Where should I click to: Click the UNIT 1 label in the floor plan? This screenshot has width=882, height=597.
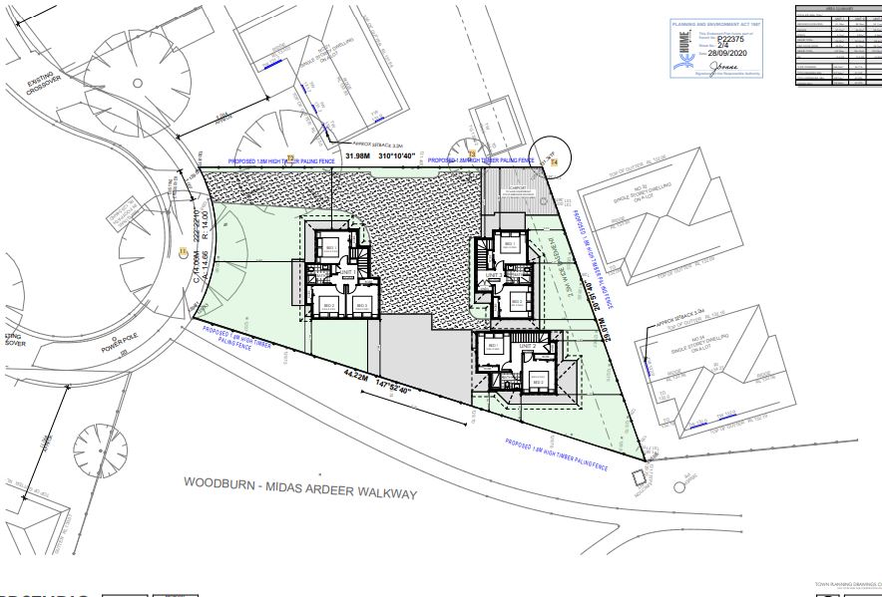click(347, 272)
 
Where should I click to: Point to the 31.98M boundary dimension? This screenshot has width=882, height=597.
click(357, 156)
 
